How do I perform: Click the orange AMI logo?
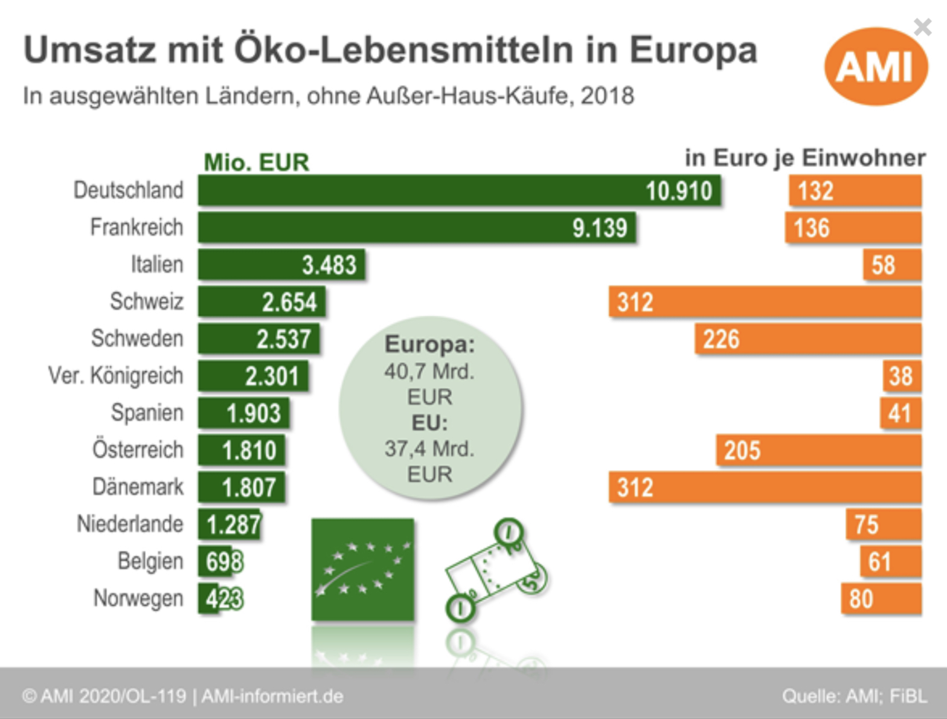coord(875,66)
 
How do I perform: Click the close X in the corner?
coord(922,27)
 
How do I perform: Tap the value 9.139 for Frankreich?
coord(600,228)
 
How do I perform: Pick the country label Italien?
coord(157,264)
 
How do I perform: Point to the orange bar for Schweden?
coord(807,339)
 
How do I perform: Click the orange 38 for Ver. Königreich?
coord(900,376)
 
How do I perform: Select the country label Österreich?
coord(138,450)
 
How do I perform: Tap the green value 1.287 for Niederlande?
coord(233,524)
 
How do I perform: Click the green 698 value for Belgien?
coord(224,562)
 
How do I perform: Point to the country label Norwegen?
coord(138,598)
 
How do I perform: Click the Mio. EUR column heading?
coord(256,162)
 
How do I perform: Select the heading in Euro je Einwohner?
coord(804,158)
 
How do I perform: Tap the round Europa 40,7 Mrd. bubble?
coord(430,408)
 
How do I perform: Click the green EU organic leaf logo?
coord(362,569)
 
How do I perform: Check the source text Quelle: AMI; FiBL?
coord(854,696)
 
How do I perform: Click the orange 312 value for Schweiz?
coord(635,302)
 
